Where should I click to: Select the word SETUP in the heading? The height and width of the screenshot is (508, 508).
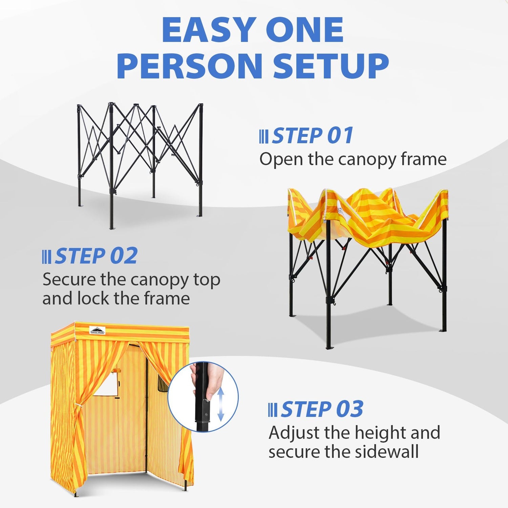(x=331, y=66)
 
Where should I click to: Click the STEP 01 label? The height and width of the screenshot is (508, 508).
(x=313, y=136)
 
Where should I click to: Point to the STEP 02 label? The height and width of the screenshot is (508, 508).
(x=96, y=256)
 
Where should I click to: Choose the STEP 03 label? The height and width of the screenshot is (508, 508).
(x=322, y=409)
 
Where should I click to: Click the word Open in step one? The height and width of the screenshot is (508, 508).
(x=281, y=159)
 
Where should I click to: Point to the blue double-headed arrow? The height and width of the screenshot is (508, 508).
(x=220, y=404)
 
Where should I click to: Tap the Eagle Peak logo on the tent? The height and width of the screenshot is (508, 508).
(x=98, y=330)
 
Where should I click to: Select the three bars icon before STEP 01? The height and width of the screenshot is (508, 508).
(x=264, y=136)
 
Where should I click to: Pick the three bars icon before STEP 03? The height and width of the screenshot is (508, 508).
(x=273, y=410)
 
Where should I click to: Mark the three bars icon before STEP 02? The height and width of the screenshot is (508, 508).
(x=47, y=257)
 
